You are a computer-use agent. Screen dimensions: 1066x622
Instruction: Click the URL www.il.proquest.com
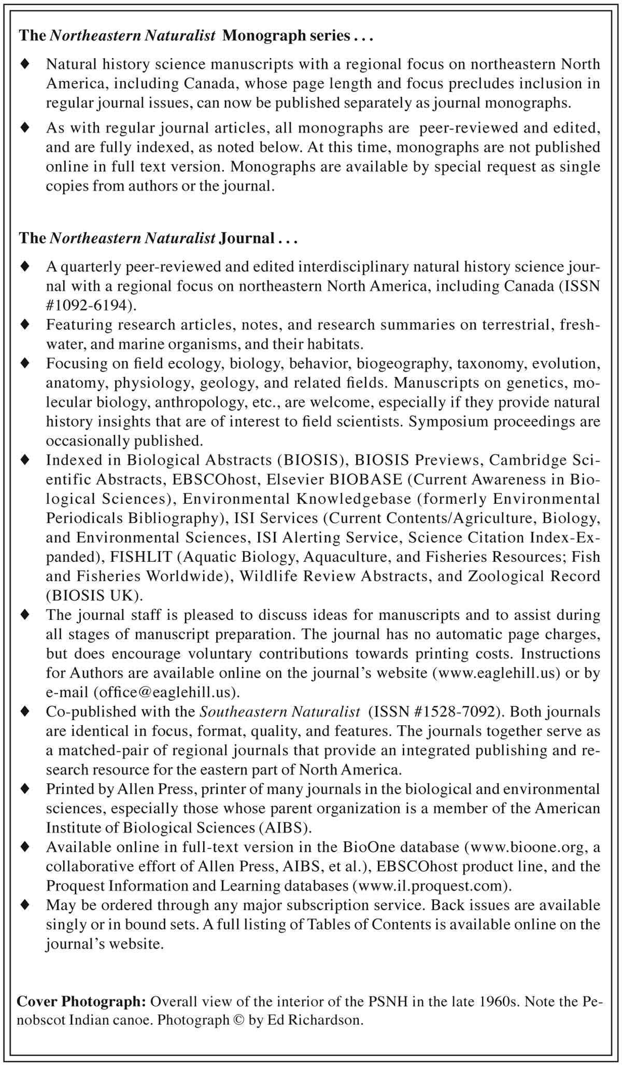pos(430,885)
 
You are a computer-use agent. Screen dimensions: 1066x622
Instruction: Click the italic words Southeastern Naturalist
pos(280,711)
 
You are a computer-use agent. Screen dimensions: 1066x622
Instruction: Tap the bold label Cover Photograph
pos(81,1001)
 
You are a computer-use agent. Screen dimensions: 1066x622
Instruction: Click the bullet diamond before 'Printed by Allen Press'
pos(24,788)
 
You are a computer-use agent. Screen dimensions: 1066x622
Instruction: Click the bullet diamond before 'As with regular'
pos(24,127)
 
